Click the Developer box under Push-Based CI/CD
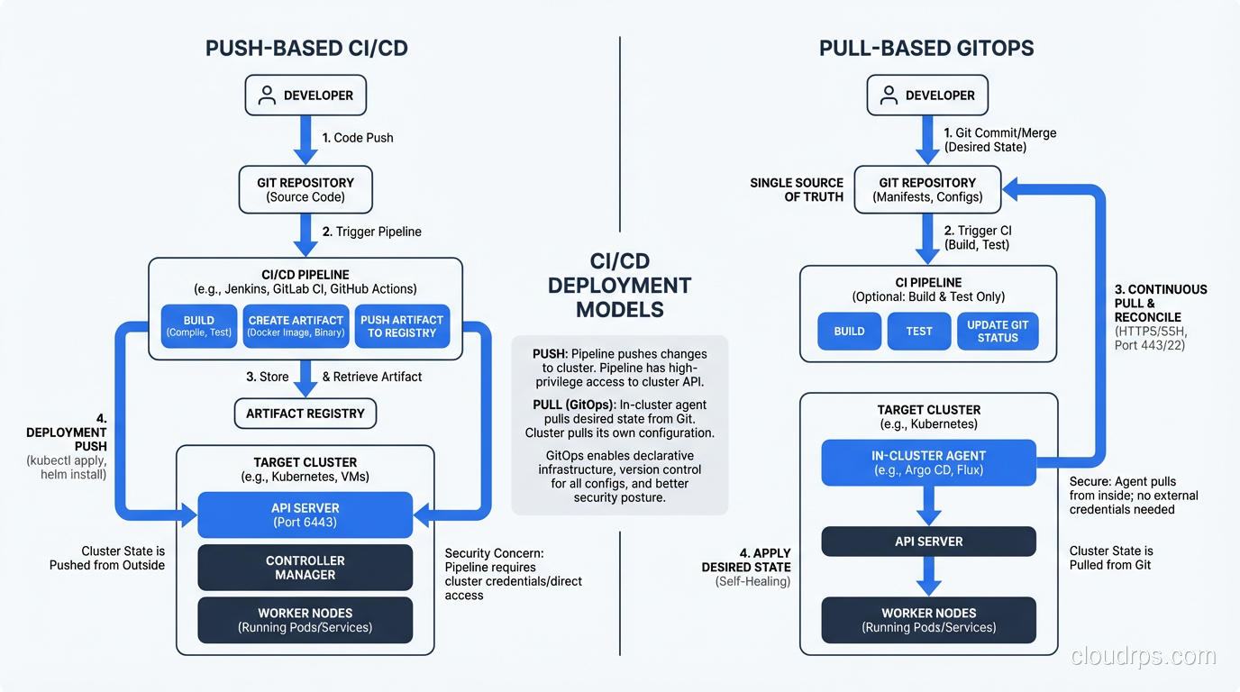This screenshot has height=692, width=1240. click(x=305, y=96)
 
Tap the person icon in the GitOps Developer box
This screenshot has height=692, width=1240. click(x=888, y=96)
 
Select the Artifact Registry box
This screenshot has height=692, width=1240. click(x=305, y=414)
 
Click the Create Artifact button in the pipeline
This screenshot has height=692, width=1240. click(x=296, y=326)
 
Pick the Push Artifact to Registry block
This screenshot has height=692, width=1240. click(x=401, y=326)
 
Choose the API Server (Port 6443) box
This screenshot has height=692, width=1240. click(x=305, y=514)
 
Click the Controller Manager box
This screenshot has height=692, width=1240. click(x=305, y=568)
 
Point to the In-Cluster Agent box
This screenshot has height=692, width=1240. click(x=928, y=462)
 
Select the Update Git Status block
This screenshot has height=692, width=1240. click(x=998, y=331)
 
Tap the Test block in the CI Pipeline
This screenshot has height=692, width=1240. click(x=918, y=331)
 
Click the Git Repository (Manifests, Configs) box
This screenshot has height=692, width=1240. click(x=927, y=189)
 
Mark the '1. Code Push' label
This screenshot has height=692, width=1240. click(x=358, y=138)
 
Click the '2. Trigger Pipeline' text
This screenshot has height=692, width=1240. click(x=371, y=232)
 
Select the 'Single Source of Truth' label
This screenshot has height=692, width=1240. click(x=797, y=189)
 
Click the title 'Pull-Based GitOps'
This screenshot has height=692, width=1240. click(x=925, y=49)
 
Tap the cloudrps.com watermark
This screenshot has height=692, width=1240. click(x=1143, y=657)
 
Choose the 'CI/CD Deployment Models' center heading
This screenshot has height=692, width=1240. click(x=619, y=286)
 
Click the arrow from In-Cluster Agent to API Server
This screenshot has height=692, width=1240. click(x=928, y=506)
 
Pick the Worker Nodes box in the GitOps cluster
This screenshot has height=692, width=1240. click(x=928, y=620)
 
